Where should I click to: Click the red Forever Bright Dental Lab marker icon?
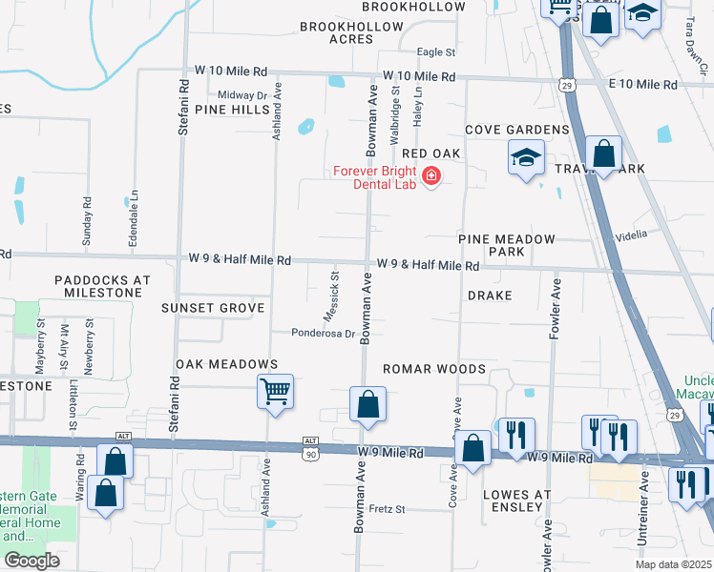click(x=430, y=176)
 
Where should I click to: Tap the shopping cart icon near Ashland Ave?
click(x=275, y=390)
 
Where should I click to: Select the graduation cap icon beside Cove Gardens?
click(x=525, y=157)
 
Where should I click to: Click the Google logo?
click(x=31, y=560)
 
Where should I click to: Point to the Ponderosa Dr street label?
click(x=324, y=334)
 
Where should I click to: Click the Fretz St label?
click(x=388, y=508)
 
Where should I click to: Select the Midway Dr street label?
click(x=241, y=95)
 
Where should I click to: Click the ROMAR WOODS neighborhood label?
click(x=434, y=369)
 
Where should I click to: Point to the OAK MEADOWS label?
click(x=226, y=364)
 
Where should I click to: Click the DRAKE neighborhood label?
click(x=490, y=296)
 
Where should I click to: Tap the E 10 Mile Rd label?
click(x=642, y=85)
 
